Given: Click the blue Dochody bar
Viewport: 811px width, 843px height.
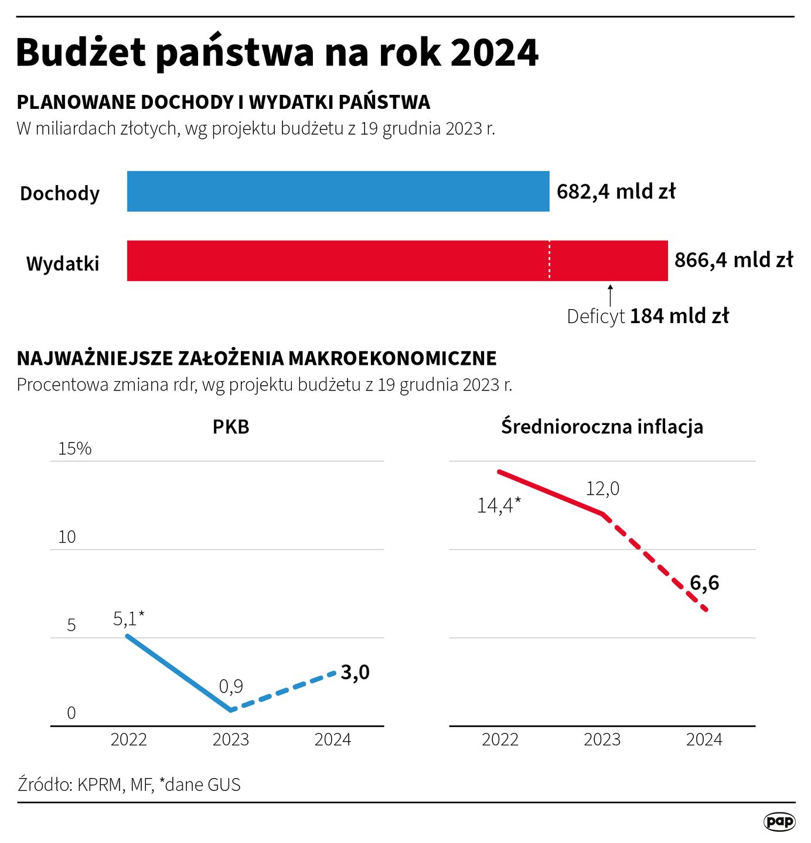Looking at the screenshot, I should [338, 191].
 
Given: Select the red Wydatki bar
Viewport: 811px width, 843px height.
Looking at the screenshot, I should [397, 261].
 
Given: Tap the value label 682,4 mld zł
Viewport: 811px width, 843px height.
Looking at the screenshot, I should [616, 191].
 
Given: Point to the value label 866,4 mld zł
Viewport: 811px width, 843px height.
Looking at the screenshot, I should [734, 260].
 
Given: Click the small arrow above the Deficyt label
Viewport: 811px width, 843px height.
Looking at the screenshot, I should [610, 295].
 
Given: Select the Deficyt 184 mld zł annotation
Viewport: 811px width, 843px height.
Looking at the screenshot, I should [648, 316].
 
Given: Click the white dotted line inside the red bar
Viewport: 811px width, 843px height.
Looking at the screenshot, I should [549, 261].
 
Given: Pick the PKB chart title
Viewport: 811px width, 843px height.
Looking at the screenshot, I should [231, 427].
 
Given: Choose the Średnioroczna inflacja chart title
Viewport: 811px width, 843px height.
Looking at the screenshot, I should [602, 427].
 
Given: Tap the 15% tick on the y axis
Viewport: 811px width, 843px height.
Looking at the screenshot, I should [75, 449].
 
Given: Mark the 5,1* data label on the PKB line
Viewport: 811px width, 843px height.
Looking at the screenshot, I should [128, 618].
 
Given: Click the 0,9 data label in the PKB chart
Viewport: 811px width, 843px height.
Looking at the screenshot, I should [231, 686].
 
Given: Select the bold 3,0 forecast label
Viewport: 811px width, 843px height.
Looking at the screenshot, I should [355, 673].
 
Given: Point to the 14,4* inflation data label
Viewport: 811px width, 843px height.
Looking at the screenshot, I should [499, 505].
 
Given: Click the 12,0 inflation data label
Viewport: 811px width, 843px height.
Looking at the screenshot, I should [602, 488].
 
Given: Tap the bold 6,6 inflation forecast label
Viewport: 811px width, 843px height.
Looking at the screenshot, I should [704, 583].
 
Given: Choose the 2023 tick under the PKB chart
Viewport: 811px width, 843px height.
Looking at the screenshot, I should [231, 740].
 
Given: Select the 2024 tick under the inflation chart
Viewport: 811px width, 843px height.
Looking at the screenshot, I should [704, 740].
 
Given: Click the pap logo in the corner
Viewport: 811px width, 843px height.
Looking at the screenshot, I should [779, 821].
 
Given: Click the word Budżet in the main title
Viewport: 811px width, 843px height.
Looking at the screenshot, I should [81, 53].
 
